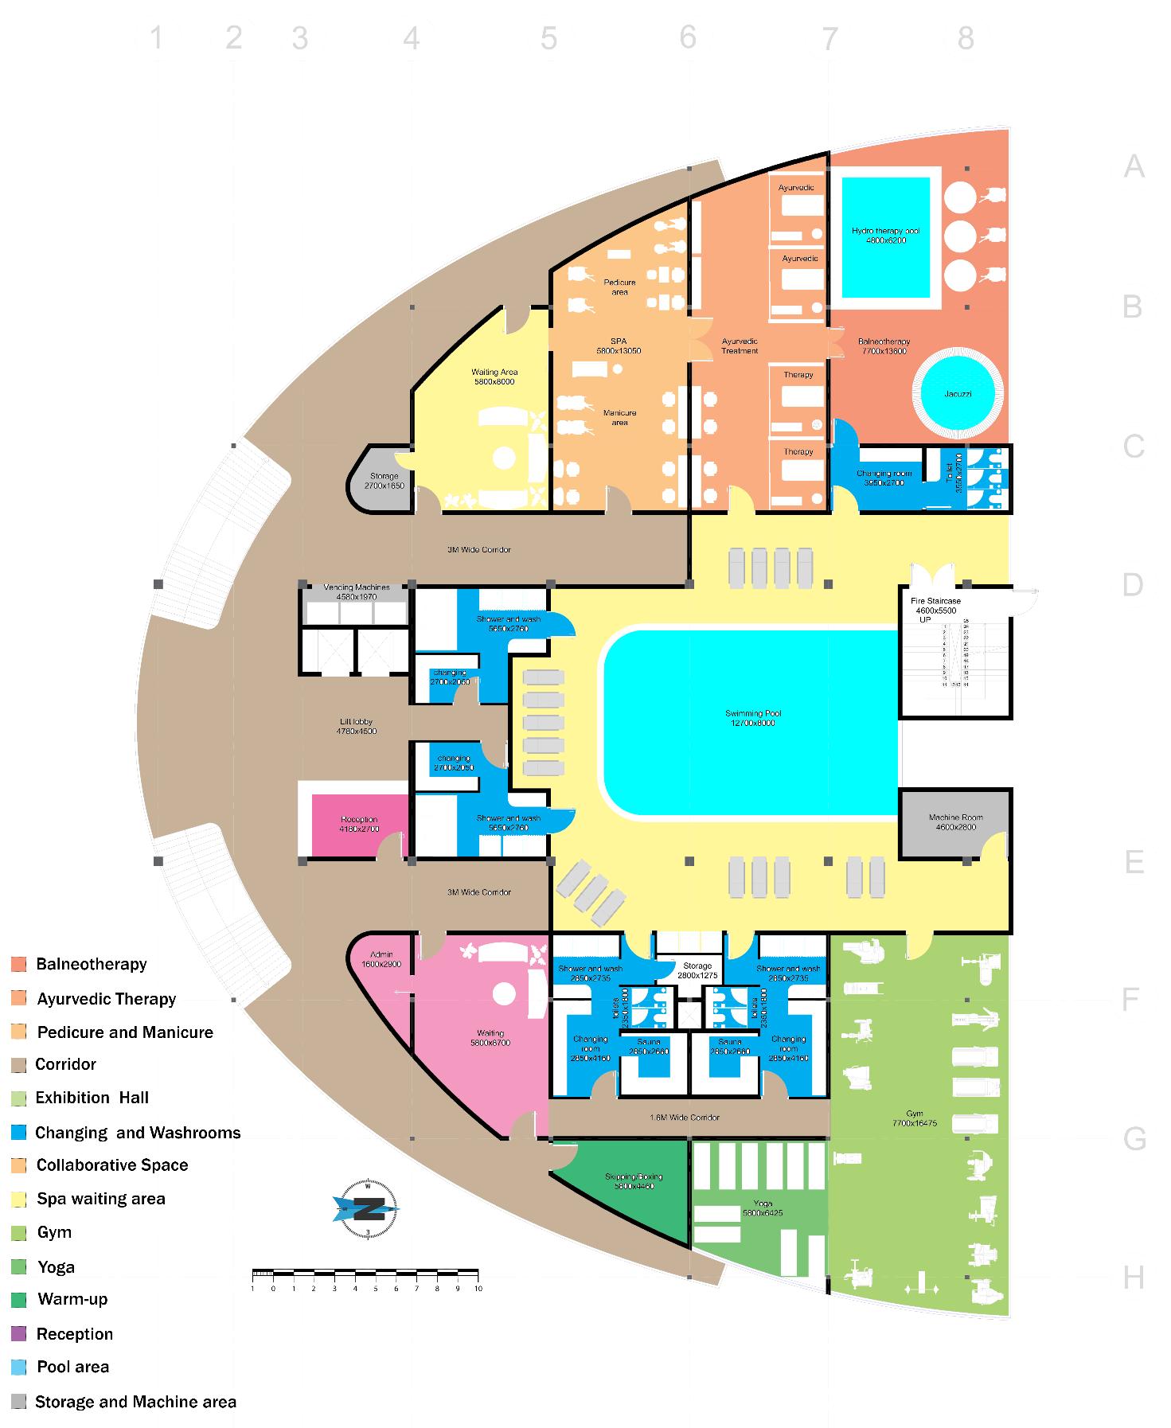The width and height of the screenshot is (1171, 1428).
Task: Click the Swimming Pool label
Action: (x=753, y=718)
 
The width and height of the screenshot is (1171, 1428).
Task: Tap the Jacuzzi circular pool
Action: (x=958, y=393)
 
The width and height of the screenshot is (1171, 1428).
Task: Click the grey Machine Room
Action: (x=954, y=823)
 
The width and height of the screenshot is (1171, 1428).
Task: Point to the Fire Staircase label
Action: (x=935, y=605)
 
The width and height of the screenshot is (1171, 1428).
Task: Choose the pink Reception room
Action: (x=359, y=825)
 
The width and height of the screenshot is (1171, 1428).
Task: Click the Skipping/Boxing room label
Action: (x=634, y=1181)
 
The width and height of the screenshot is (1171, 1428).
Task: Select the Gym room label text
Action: (x=914, y=1118)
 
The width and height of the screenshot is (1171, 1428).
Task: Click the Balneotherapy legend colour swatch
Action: (x=19, y=964)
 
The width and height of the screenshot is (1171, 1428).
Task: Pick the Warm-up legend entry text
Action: (x=72, y=1299)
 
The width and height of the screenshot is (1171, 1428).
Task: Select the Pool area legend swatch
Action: (x=19, y=1367)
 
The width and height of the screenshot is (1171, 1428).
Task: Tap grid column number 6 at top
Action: (x=688, y=37)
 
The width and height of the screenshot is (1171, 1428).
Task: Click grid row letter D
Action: (x=1132, y=585)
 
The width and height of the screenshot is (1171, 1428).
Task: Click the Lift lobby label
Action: (x=356, y=726)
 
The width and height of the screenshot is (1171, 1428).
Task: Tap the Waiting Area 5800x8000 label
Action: (x=494, y=377)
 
